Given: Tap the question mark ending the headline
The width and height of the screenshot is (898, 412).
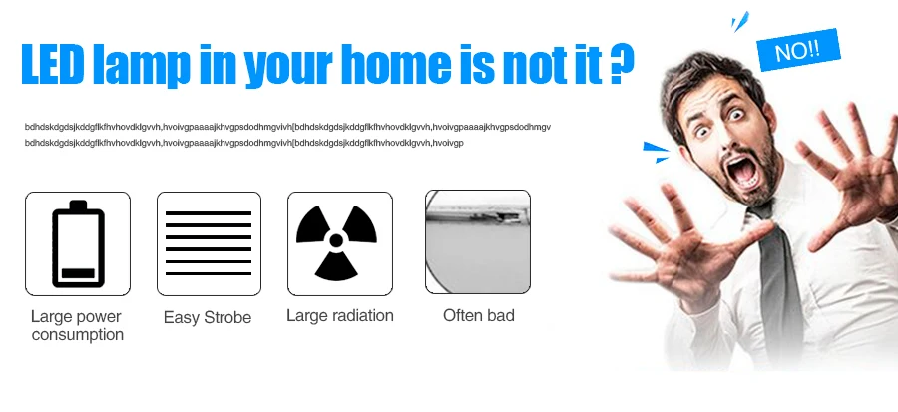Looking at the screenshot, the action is [622, 65].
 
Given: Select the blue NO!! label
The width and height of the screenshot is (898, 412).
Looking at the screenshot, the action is [798, 50].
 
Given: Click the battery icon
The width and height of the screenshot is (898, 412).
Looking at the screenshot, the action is [78, 243].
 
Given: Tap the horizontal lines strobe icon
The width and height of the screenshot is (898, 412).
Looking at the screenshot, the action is [209, 243].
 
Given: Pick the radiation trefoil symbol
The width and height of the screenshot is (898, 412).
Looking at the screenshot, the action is [336, 242].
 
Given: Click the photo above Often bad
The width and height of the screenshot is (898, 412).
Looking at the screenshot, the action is [478, 242].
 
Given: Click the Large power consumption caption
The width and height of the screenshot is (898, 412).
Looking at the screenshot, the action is [77, 325].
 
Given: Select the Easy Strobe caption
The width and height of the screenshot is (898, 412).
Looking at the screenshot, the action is [208, 317].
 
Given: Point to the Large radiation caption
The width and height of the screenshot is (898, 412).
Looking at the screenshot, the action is [339, 316].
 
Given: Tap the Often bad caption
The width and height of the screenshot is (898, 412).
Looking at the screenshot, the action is [479, 315].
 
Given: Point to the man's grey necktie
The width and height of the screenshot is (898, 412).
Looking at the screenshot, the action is [776, 274].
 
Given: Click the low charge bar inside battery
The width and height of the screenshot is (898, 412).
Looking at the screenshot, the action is [78, 273].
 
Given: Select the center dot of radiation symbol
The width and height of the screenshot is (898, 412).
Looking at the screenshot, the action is [336, 240].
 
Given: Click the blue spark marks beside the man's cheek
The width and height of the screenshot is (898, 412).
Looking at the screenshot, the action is [656, 152].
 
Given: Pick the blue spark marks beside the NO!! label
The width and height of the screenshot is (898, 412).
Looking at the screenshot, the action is [740, 21].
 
